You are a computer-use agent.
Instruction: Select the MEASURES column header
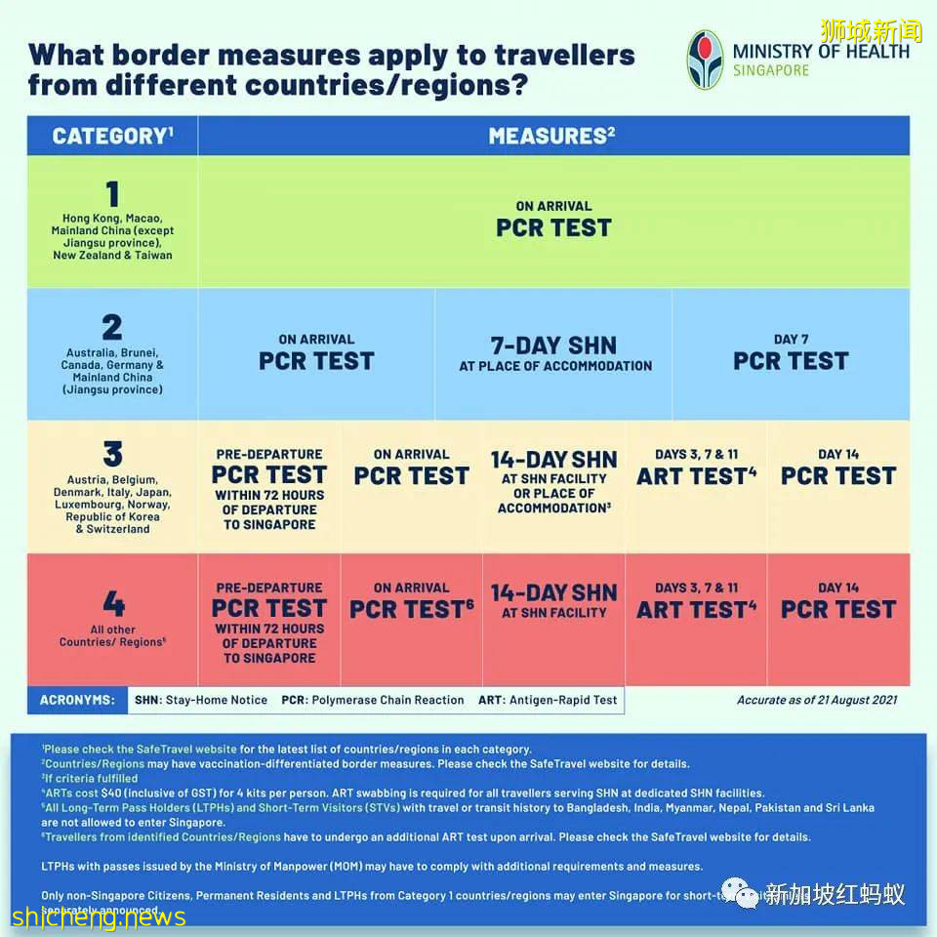(x=552, y=136)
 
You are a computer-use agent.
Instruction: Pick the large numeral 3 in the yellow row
(x=113, y=454)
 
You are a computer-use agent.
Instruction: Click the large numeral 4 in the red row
(x=113, y=603)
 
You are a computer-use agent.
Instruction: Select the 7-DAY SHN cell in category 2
(x=554, y=353)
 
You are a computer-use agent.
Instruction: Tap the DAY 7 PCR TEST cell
(x=791, y=353)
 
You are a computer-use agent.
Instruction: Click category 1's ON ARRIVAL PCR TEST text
(x=553, y=221)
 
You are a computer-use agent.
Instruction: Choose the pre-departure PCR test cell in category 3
(x=269, y=488)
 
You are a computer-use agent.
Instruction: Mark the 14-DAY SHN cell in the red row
(x=553, y=600)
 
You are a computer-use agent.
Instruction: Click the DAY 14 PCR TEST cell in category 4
(x=837, y=601)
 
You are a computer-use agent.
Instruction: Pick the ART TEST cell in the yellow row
(x=696, y=468)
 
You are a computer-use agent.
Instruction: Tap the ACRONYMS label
(x=77, y=700)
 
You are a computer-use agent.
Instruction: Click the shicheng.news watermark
(x=99, y=917)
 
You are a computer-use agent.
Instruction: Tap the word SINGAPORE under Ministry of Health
(x=771, y=70)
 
